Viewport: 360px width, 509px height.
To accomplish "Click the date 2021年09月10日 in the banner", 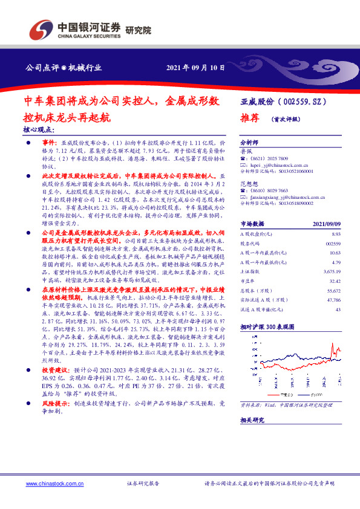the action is pos(195,68).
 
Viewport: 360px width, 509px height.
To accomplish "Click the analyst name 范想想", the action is pos(249,183).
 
